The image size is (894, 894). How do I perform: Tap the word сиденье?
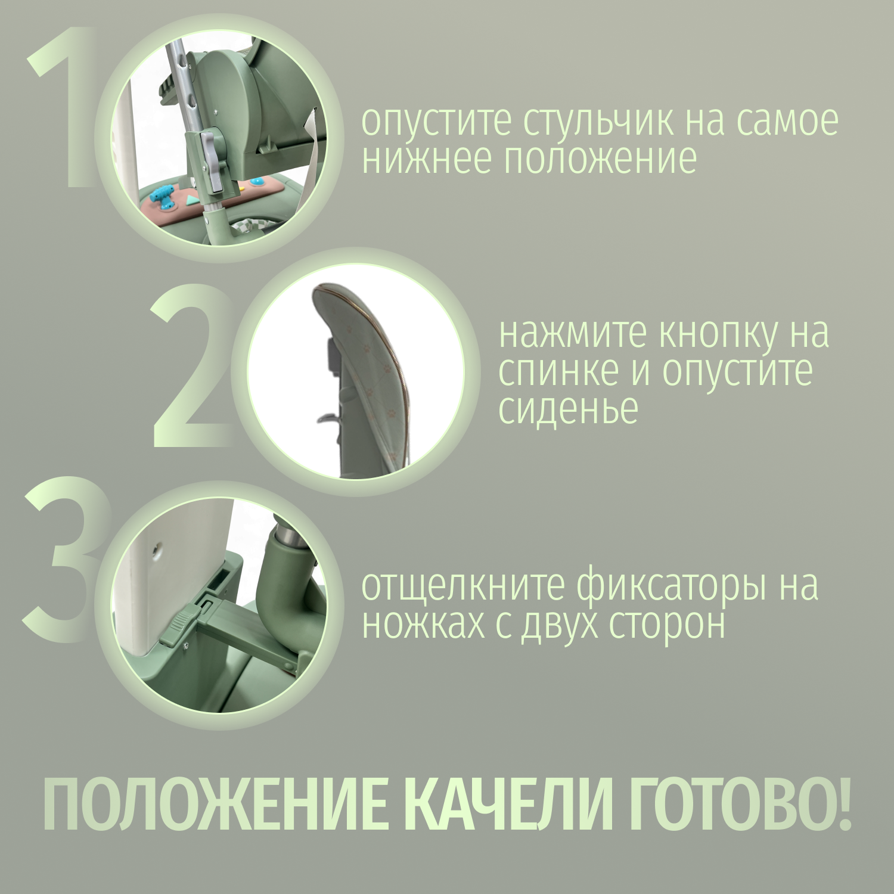pos(568,409)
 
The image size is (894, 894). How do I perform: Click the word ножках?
pos(423,625)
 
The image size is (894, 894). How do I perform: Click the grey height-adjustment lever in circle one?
pos(212,161)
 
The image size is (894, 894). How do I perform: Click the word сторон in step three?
pos(668,625)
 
